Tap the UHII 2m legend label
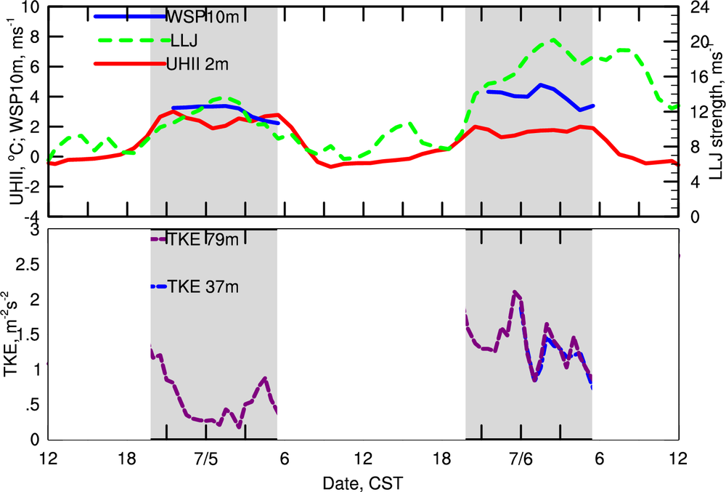[197, 64]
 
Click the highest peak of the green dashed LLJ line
[553, 39]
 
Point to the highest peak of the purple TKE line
[515, 292]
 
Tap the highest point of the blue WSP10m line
[541, 85]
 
